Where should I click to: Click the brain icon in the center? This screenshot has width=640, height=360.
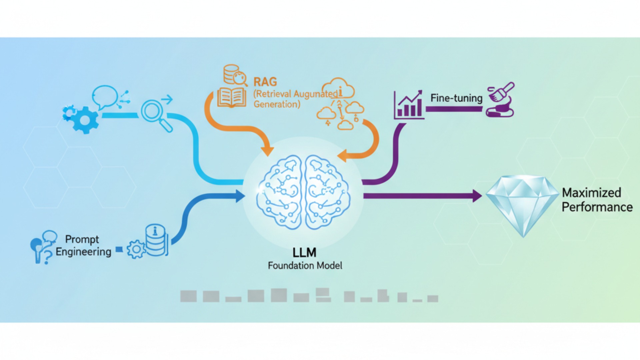[x=303, y=193]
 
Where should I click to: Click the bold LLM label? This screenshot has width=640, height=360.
[x=304, y=253]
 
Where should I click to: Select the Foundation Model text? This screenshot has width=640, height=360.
[x=305, y=266]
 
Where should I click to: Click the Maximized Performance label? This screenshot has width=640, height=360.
[x=597, y=200]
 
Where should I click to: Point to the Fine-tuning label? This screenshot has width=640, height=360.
[x=456, y=98]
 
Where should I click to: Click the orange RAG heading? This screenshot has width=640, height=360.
[x=265, y=82]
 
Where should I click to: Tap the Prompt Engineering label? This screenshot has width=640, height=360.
[x=83, y=245]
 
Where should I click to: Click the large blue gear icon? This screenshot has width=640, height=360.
[x=83, y=119]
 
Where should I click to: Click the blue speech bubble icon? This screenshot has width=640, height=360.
[x=105, y=97]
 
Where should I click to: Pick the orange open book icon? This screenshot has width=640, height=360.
[x=232, y=98]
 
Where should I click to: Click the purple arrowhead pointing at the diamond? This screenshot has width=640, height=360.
[x=477, y=196]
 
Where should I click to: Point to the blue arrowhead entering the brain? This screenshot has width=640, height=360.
[x=240, y=196]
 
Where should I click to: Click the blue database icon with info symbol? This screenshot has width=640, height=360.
[x=156, y=240]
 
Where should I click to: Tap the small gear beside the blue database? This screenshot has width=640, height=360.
[x=136, y=249]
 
